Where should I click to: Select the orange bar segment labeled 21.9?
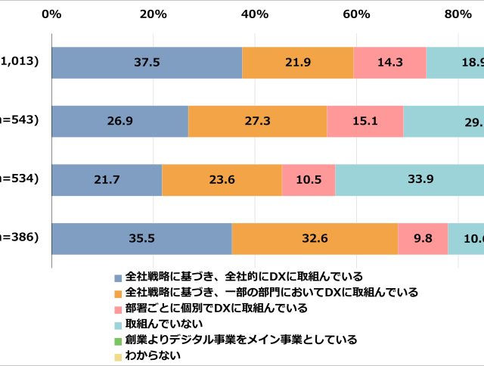pos(297,63)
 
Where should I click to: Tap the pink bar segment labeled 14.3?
pos(389,63)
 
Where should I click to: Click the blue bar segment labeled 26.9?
pos(119,121)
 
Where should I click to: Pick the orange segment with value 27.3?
pos(257,121)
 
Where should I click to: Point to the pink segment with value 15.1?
pos(365,121)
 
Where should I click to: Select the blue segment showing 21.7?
pos(107,179)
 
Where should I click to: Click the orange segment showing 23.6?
pos(222,179)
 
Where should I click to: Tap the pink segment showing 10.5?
pos(309,179)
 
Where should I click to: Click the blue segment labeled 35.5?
pos(141,238)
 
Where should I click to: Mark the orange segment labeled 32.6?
pos(315,238)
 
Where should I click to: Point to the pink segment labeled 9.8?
pos(423,238)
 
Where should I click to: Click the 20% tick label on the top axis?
pos(153,14)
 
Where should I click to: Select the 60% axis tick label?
pos(356,14)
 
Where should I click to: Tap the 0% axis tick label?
pos(51,14)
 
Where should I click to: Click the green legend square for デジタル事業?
pos(118,340)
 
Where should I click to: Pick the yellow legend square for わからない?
pos(118,356)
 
